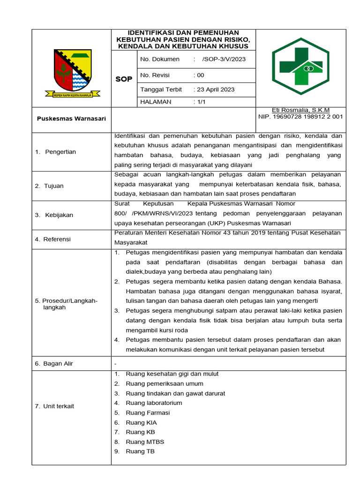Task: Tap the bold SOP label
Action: click(x=124, y=79)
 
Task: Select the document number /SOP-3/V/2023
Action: click(x=224, y=59)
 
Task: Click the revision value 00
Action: click(x=201, y=75)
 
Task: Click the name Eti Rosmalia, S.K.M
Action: click(x=301, y=110)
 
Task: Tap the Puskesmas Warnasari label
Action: click(x=71, y=119)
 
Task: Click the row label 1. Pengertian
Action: click(x=56, y=152)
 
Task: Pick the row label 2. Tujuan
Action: click(x=49, y=186)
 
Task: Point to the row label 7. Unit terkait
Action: click(x=54, y=406)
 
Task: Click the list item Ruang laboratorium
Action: click(x=154, y=403)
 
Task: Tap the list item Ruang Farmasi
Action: click(x=148, y=413)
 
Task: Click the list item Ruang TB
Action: click(x=140, y=451)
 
